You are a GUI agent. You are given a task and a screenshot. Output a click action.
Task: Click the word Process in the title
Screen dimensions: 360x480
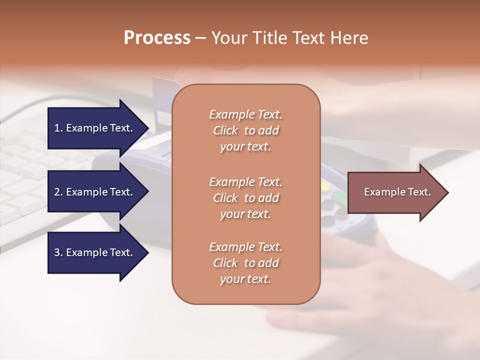tap(157, 38)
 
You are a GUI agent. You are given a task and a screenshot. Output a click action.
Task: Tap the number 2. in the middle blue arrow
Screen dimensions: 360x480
tap(58, 192)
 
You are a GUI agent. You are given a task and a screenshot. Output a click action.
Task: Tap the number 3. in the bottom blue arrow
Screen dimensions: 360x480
tap(58, 252)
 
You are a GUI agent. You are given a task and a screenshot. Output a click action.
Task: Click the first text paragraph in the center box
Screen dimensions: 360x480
tap(245, 130)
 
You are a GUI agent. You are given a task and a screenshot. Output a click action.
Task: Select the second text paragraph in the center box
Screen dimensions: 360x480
tap(245, 198)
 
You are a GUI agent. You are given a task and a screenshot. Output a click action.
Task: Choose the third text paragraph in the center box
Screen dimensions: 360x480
tap(245, 263)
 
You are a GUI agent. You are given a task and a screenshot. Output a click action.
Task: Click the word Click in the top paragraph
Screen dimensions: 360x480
tap(225, 130)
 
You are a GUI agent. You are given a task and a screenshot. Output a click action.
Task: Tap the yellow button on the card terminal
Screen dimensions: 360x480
tap(325, 186)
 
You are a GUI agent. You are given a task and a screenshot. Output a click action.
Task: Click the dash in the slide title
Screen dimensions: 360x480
tap(201, 38)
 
